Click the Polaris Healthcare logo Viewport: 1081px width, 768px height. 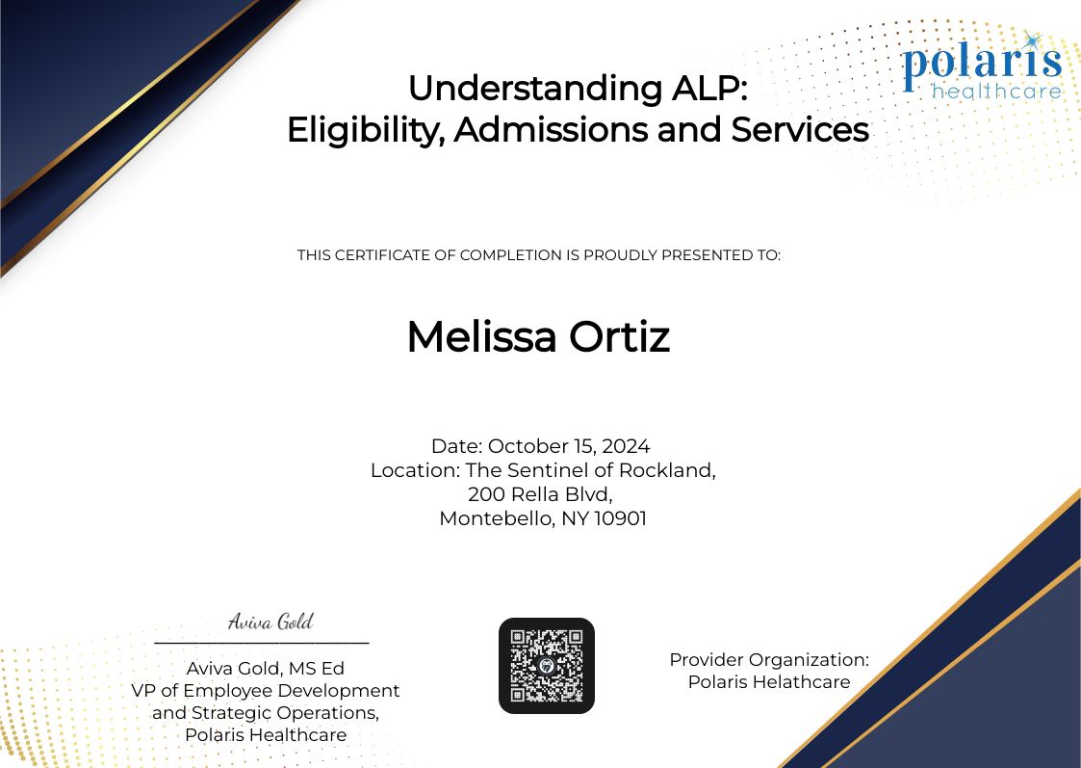click(982, 67)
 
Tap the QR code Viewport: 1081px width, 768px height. click(547, 666)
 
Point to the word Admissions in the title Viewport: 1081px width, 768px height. click(550, 129)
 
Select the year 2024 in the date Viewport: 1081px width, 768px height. click(627, 446)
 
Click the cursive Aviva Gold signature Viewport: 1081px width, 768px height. click(270, 622)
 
